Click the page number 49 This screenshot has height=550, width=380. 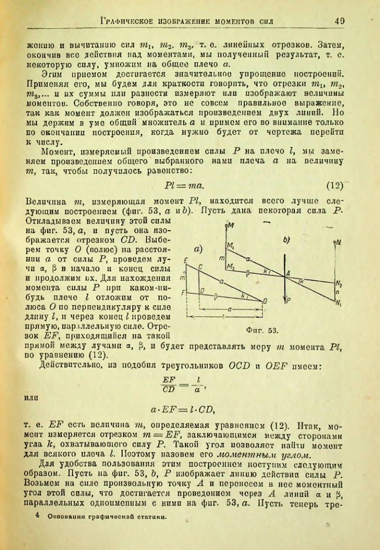[x=339, y=21]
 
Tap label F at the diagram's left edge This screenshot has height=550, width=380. [x=184, y=293]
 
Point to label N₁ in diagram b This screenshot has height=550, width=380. [x=339, y=303]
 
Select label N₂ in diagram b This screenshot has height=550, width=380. [x=339, y=284]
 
